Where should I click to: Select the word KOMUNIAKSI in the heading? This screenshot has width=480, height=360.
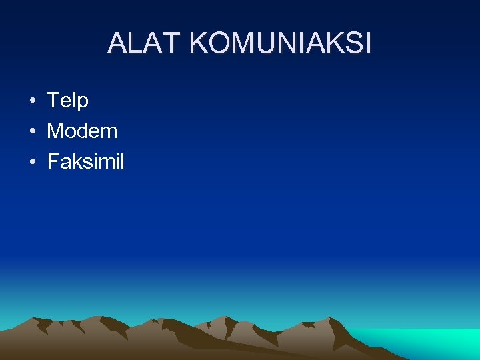point(280,43)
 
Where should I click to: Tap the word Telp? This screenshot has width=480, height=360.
point(67,101)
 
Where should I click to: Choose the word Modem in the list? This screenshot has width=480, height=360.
point(82,131)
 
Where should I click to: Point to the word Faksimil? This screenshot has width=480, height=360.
point(85,161)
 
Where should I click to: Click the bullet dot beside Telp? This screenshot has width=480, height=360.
point(32,101)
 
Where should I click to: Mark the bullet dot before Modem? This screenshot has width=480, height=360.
point(32,131)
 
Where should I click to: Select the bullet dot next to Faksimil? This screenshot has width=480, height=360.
point(32,162)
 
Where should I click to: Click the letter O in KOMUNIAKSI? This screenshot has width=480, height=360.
point(219,43)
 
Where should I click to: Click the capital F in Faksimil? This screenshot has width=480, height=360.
point(53,161)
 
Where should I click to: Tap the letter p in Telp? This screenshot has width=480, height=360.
point(83,102)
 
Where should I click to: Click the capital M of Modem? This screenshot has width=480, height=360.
point(55,131)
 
